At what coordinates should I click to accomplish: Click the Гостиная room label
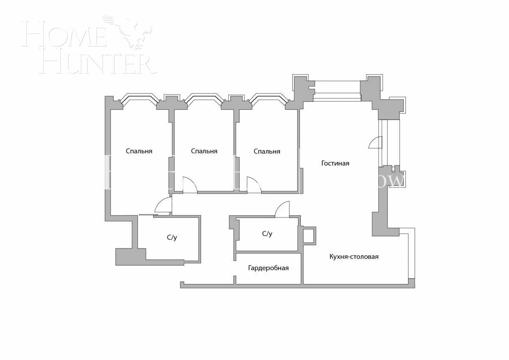(335, 163)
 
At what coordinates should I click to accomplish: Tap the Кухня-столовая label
(354, 257)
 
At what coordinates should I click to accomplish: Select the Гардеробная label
(268, 268)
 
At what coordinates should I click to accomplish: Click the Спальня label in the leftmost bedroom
(139, 151)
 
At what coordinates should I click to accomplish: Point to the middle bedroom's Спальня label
(204, 151)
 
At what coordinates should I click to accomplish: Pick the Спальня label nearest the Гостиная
(267, 151)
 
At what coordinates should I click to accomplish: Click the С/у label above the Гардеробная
(267, 234)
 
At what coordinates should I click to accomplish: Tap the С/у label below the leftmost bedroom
(172, 237)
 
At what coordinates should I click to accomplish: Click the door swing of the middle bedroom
(190, 185)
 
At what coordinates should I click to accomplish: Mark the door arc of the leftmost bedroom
(163, 205)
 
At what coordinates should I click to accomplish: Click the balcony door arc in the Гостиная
(376, 142)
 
